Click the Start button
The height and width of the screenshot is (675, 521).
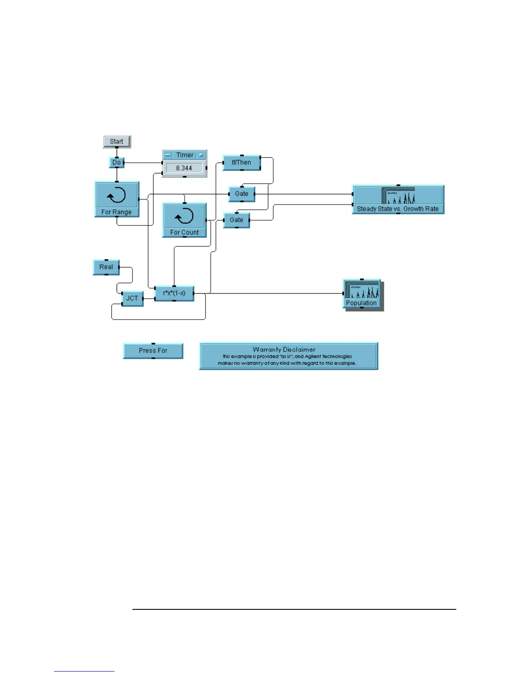click(x=117, y=141)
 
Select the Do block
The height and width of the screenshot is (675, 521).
click(x=117, y=162)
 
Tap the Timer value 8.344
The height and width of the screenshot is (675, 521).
click(x=184, y=168)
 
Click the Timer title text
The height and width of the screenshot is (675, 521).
click(x=185, y=155)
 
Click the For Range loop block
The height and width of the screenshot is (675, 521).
click(x=117, y=199)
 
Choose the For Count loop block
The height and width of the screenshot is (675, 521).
click(x=184, y=220)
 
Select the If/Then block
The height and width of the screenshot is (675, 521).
click(x=241, y=162)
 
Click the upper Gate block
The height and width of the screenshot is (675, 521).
click(x=241, y=194)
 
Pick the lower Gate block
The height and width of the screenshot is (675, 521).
click(x=236, y=220)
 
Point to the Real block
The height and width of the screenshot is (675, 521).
click(x=106, y=267)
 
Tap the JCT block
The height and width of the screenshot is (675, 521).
click(x=132, y=298)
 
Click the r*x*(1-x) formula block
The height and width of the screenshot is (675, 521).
click(x=174, y=293)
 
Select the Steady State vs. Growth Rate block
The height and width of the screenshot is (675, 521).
click(x=398, y=199)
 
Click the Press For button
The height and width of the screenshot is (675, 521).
click(x=153, y=351)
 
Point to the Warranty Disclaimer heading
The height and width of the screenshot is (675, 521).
click(x=284, y=349)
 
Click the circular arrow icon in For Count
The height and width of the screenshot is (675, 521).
click(x=184, y=216)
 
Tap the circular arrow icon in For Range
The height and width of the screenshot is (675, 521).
click(x=117, y=196)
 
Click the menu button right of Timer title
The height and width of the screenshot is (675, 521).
click(x=201, y=155)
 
